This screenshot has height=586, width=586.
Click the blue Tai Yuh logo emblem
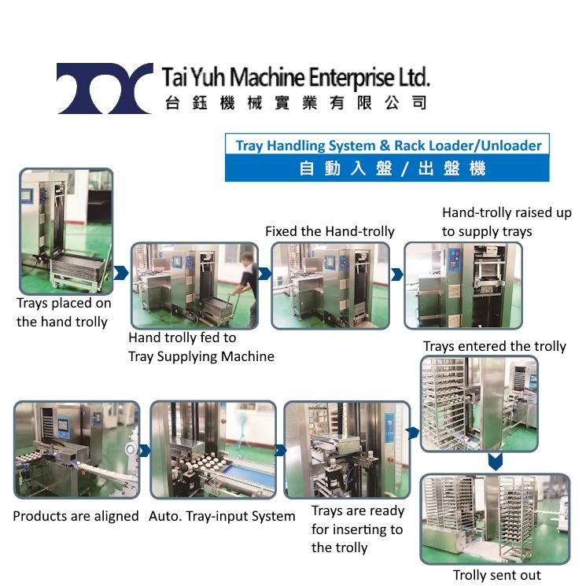click(x=105, y=88)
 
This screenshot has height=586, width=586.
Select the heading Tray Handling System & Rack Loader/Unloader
click(x=389, y=146)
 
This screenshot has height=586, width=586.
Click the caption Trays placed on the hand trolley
click(x=64, y=312)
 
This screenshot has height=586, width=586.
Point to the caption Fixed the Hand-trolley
click(x=330, y=231)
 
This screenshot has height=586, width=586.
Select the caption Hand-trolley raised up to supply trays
click(x=506, y=222)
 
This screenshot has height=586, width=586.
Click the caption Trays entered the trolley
click(x=494, y=346)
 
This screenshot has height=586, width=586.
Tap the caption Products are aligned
click(x=76, y=517)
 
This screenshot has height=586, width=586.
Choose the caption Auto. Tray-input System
click(x=222, y=517)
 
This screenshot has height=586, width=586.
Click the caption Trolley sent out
click(x=496, y=575)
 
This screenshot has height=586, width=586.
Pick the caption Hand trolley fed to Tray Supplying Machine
click(x=201, y=347)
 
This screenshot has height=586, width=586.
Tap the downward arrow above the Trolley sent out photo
click(x=495, y=462)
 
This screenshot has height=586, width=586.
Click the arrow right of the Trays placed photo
click(x=121, y=273)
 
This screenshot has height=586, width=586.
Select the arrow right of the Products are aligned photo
click(x=144, y=451)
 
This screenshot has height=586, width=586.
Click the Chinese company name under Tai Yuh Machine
click(x=296, y=103)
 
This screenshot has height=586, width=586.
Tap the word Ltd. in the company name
click(x=414, y=78)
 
